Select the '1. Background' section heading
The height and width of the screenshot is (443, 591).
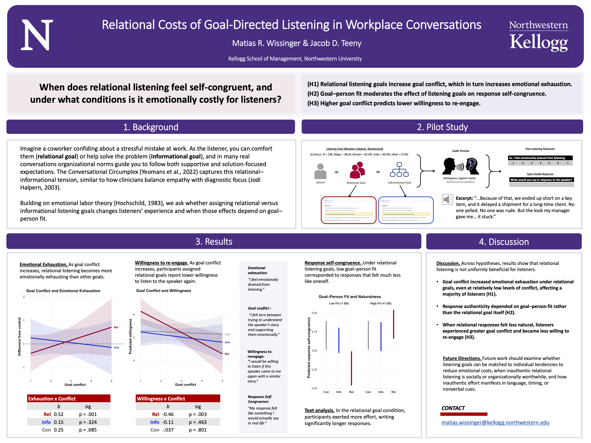(150, 127)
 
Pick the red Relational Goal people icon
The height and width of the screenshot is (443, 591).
(357, 170)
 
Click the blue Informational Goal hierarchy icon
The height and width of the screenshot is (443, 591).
(399, 170)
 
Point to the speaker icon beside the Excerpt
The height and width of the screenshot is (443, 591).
(447, 199)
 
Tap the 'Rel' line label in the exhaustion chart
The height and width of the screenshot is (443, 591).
(116, 327)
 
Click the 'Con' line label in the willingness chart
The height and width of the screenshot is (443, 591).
(227, 334)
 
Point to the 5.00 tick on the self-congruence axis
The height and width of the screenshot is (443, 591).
(314, 313)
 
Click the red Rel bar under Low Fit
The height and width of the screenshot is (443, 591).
(351, 368)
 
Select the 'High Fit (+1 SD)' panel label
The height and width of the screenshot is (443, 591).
(381, 303)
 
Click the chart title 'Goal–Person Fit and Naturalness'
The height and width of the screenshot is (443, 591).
(350, 297)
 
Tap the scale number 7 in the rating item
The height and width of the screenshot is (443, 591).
(568, 163)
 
